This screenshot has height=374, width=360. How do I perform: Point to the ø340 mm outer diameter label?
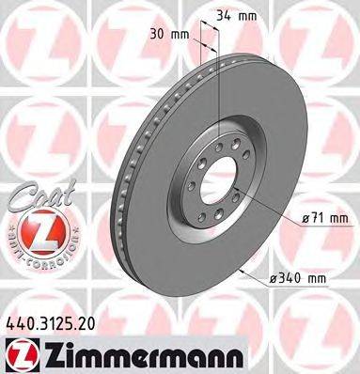[302, 278]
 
